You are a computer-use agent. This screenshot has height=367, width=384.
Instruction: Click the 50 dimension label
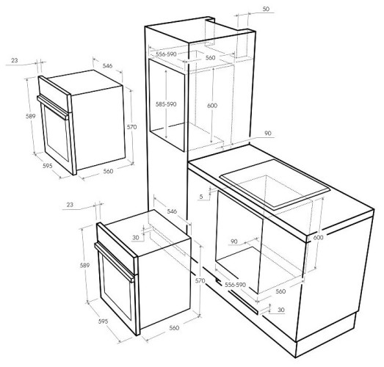coord(266,9)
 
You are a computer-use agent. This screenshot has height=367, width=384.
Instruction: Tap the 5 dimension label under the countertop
coord(201,197)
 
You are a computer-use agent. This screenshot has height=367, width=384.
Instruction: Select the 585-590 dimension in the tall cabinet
coord(166,104)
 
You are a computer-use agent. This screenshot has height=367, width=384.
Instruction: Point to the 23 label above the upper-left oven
coord(15,60)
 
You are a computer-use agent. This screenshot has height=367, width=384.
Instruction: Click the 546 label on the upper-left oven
coord(107,65)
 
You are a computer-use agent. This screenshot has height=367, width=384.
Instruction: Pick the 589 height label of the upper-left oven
coord(31,116)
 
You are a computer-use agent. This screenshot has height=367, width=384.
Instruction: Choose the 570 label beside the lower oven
coord(200,280)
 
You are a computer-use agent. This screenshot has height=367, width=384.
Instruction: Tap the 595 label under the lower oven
coord(103,321)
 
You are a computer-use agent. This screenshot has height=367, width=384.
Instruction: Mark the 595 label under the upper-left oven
coord(48,166)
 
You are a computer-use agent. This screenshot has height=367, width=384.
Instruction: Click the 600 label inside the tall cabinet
coord(212,105)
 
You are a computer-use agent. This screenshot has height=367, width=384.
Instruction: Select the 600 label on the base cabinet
coord(318,237)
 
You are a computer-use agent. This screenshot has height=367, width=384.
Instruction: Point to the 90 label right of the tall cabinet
coord(268,133)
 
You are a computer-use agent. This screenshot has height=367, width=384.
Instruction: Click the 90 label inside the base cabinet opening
coord(234,241)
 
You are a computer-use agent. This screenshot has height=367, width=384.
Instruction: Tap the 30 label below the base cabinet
coord(281,310)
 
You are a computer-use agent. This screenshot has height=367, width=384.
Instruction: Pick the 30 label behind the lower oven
coord(135,237)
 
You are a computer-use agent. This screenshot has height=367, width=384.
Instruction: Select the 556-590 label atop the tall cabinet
coord(166,54)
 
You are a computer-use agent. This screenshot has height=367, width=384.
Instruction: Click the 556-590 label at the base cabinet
coord(235,285)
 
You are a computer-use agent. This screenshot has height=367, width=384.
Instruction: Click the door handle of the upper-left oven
coord(53,107)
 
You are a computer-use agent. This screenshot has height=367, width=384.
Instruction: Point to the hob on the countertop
coord(275,185)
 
